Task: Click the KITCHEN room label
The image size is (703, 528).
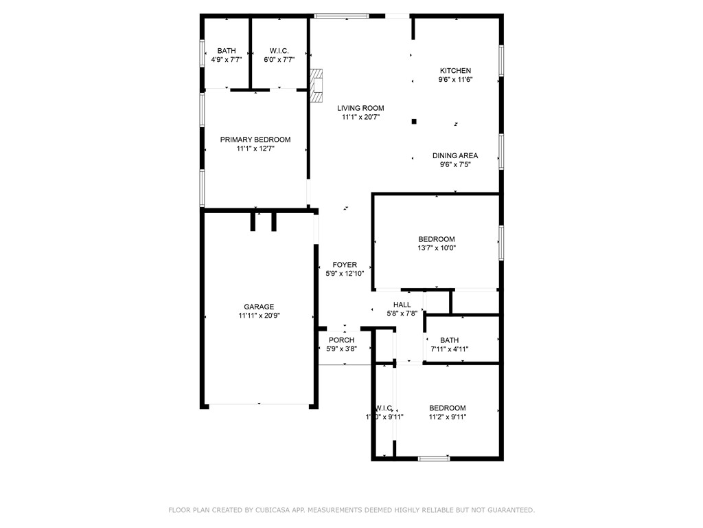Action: tap(455, 70)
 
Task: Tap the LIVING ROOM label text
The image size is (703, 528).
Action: tap(360, 108)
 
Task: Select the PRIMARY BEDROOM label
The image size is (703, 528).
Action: tap(255, 140)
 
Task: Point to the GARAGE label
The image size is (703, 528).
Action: tap(259, 307)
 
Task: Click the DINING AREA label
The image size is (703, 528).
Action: tap(454, 155)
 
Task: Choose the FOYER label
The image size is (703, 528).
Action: tap(345, 265)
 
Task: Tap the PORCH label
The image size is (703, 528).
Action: tap(341, 340)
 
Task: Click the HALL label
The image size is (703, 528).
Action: tap(402, 305)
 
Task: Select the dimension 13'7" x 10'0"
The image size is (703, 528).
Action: tap(437, 248)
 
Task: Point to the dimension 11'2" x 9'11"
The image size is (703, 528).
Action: tap(448, 417)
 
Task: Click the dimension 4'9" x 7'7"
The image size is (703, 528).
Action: tap(227, 60)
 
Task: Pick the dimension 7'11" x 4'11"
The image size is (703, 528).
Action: tap(450, 349)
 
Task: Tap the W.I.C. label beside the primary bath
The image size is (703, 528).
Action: tap(279, 51)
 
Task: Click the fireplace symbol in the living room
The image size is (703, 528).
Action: tap(316, 86)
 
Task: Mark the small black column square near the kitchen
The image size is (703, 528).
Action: tap(414, 122)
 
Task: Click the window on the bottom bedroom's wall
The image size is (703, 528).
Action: tap(433, 458)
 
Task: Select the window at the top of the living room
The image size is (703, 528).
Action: tap(341, 15)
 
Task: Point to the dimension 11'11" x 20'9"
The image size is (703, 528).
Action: tap(259, 316)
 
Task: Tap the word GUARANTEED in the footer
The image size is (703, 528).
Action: tap(507, 510)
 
